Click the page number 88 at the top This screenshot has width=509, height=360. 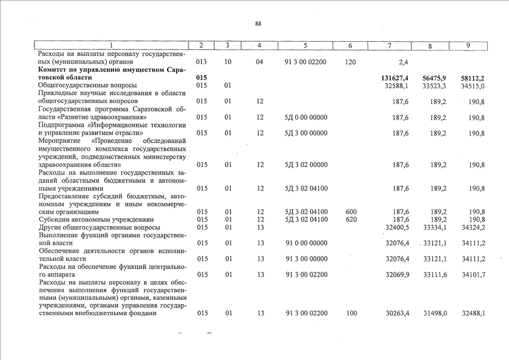(x=258, y=24)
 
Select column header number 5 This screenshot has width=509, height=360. (x=305, y=45)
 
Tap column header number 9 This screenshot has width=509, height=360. (x=467, y=45)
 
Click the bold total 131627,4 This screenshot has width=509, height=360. (x=392, y=77)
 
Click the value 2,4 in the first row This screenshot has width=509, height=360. (x=403, y=62)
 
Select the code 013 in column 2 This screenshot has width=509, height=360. (x=202, y=62)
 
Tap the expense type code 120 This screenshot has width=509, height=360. (x=350, y=62)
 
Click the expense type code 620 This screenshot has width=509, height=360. (x=352, y=219)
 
